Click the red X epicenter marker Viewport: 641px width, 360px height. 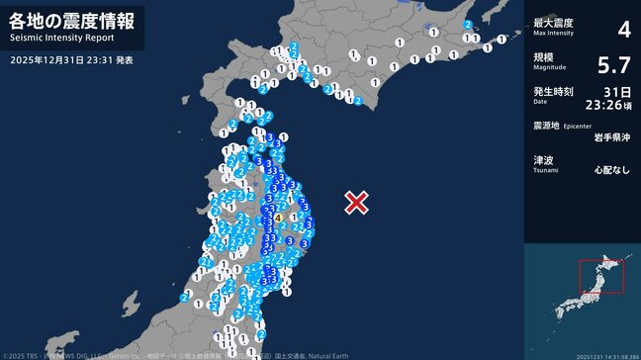coord(356,203)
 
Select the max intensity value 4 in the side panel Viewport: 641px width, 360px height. coord(623,29)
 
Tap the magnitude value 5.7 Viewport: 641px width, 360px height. coord(614,65)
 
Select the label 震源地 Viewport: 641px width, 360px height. coord(546,126)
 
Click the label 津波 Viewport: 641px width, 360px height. coord(542,159)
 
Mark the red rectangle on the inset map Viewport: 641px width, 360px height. coord(601,276)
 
